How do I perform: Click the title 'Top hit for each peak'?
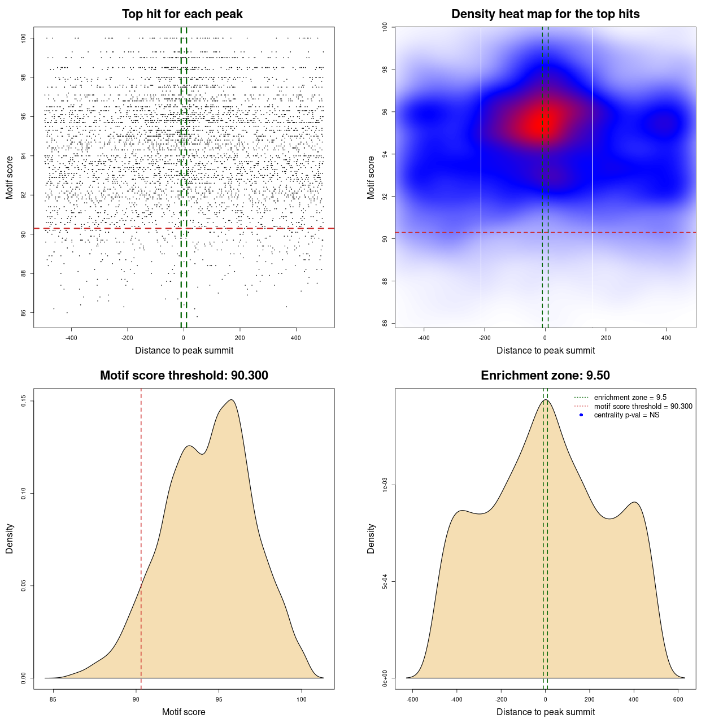pos(182,14)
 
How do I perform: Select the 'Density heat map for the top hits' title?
pos(545,14)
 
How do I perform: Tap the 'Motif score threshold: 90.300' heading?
pos(184,376)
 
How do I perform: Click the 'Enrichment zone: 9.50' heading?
pos(545,376)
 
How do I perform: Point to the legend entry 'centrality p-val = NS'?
pos(626,415)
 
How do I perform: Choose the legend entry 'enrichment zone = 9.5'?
pos(630,398)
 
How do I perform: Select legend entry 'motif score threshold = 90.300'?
pos(643,407)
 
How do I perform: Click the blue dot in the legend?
pos(581,415)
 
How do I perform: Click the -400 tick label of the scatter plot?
pos(71,338)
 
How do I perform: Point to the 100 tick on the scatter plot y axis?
pos(24,38)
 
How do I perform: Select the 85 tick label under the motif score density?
pos(53,699)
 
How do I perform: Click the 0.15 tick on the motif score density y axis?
pos(24,401)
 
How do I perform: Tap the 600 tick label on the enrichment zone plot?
pos(678,699)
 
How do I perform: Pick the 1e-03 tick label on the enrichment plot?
pos(385,485)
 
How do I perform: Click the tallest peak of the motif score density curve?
pos(231,400)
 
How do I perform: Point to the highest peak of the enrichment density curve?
pos(545,400)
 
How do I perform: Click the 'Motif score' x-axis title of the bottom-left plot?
pos(184,712)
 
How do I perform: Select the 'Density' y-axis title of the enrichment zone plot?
pos(371,538)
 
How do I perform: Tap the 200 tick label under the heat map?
pos(606,338)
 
